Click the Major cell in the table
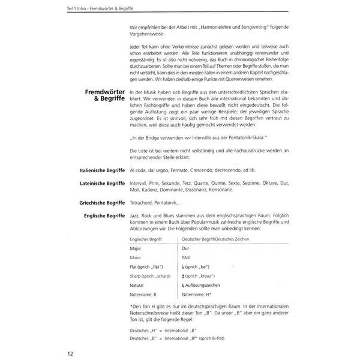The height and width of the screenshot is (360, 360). coord(136,247)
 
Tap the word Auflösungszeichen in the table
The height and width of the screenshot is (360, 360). coord(205,286)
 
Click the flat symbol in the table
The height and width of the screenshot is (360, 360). coord(183,266)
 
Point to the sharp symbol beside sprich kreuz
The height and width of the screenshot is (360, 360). coord(183,276)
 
